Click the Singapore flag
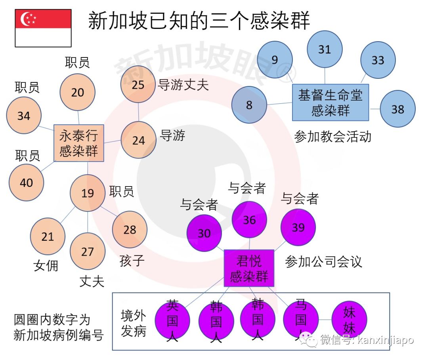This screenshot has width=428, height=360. [43, 28]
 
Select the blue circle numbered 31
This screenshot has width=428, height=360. [325, 49]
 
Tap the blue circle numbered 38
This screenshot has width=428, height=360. [397, 109]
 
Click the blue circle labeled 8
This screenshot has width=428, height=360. [249, 105]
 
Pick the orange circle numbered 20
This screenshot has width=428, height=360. [78, 92]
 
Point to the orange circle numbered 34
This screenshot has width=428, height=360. [24, 116]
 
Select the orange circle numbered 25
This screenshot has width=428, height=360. [138, 85]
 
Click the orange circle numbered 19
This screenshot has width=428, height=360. [88, 193]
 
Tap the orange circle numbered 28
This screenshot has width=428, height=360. [130, 230]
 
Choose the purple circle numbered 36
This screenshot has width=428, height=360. [249, 220]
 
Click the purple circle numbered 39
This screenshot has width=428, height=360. [298, 227]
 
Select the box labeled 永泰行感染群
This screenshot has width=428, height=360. [79, 143]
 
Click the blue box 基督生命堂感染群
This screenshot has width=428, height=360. [331, 102]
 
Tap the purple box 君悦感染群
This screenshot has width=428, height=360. [249, 268]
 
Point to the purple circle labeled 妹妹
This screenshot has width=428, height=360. [349, 319]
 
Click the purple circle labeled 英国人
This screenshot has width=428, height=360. [172, 320]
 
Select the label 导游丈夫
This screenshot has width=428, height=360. [183, 85]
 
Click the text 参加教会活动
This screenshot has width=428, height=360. [333, 137]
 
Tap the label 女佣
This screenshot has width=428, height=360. [46, 265]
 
